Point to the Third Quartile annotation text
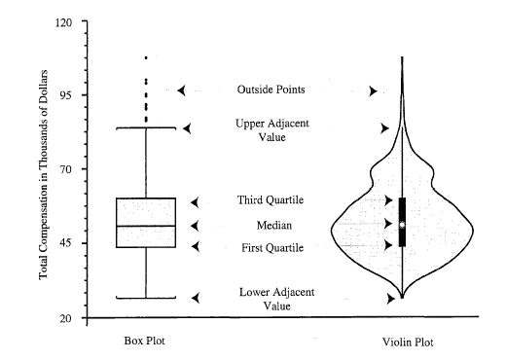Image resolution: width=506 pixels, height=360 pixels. tap(271, 200)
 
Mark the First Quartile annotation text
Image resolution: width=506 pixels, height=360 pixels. tap(272, 248)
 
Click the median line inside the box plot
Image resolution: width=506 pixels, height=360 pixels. tap(146, 226)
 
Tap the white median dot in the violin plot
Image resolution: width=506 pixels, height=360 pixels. tap(402, 225)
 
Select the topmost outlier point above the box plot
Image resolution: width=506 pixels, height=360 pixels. tap(146, 57)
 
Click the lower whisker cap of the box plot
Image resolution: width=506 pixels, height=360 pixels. tap(146, 298)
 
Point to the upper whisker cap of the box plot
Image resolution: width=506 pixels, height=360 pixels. tap(146, 127)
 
